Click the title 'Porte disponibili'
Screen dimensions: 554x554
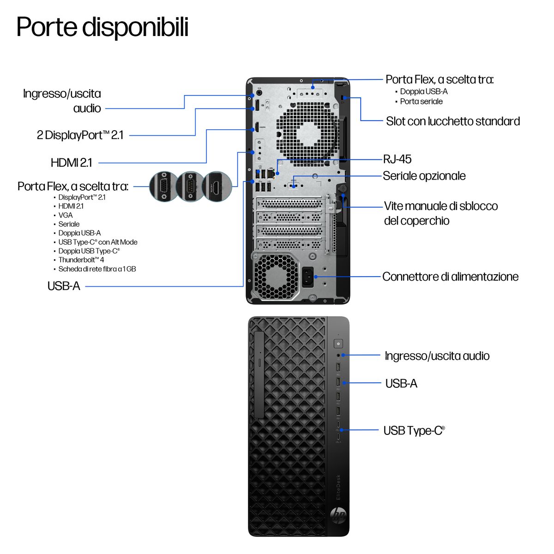(x=102, y=27)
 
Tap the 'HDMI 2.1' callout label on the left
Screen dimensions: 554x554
(x=72, y=163)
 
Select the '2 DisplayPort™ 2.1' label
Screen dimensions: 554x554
(x=80, y=135)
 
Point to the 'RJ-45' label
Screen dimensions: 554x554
(x=397, y=159)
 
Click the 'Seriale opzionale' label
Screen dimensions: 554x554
(x=424, y=176)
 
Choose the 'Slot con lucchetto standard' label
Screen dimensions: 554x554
(x=452, y=121)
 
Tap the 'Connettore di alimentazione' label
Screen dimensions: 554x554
(x=450, y=277)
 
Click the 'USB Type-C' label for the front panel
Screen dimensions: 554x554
(x=414, y=431)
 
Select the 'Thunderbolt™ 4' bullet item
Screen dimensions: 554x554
(x=81, y=260)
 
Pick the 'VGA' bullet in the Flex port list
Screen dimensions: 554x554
(x=66, y=215)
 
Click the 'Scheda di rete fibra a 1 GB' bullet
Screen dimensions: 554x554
(x=97, y=269)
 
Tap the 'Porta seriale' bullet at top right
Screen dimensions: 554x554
(x=421, y=102)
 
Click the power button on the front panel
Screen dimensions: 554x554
(x=339, y=343)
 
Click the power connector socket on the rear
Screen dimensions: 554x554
(x=307, y=277)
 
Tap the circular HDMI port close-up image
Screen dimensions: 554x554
(x=217, y=187)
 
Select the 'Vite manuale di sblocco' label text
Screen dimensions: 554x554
(x=440, y=206)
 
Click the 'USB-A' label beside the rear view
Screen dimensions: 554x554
(x=64, y=286)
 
